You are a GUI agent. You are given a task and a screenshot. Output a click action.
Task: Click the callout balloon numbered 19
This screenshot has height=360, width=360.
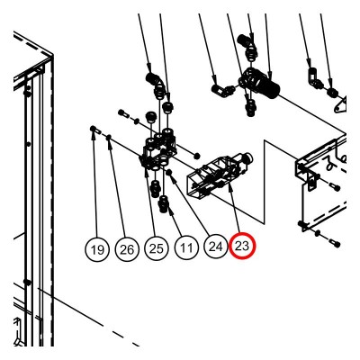(x=97, y=249)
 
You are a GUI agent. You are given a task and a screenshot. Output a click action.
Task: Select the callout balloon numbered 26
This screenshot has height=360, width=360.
(x=127, y=249)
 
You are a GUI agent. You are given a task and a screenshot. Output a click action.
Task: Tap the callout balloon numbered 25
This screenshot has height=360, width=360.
(x=157, y=248)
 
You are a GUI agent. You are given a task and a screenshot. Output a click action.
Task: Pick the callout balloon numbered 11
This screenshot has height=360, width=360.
(x=186, y=247)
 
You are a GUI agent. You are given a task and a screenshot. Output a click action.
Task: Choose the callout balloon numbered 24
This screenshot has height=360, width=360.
(x=215, y=246)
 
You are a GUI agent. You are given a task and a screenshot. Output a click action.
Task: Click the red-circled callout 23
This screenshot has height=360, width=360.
(x=242, y=246)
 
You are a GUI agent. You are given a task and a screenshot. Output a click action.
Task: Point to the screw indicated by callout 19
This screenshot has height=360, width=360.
(x=94, y=130)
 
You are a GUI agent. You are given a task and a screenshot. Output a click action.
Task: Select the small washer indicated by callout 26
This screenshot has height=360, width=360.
(x=109, y=137)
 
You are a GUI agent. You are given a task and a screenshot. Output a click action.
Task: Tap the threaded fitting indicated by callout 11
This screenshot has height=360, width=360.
(x=165, y=204)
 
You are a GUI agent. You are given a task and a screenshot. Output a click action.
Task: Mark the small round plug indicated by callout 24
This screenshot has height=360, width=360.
(x=169, y=172)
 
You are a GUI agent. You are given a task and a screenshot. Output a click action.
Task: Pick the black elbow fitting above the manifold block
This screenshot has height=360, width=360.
(x=155, y=82)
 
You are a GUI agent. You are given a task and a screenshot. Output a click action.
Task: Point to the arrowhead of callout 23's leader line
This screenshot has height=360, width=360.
(x=230, y=188)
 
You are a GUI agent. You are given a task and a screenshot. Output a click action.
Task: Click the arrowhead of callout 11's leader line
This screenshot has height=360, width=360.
(x=170, y=211)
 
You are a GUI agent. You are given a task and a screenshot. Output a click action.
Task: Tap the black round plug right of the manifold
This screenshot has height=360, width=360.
(x=197, y=156)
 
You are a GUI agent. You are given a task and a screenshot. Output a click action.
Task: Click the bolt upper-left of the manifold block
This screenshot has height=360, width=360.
(x=123, y=113)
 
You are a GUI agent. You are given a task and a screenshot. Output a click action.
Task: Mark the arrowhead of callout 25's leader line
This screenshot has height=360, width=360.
(x=146, y=173)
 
